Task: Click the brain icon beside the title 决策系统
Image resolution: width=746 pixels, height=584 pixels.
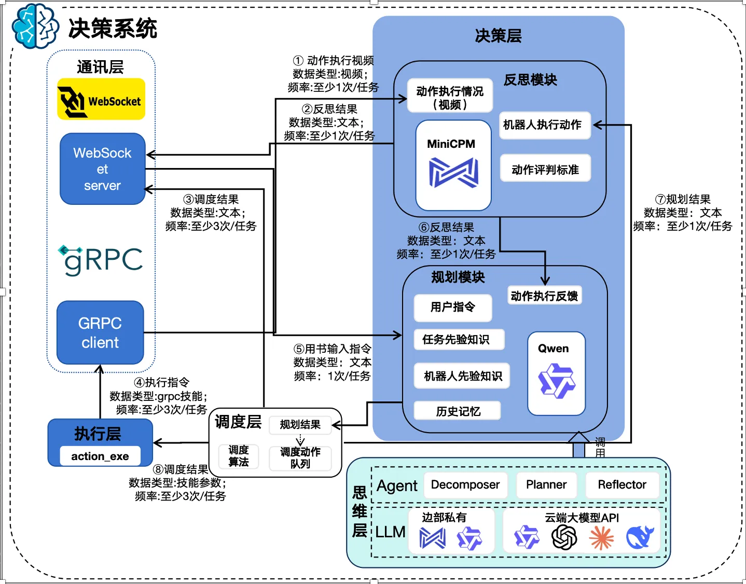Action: click(x=35, y=26)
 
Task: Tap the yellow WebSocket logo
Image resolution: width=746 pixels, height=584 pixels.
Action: click(x=101, y=99)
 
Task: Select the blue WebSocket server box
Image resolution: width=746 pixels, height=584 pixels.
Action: click(x=103, y=169)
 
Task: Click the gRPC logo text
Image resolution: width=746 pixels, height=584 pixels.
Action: click(x=101, y=260)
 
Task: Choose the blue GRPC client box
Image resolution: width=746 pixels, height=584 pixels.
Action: click(x=100, y=332)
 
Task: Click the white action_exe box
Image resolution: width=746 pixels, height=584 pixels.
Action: click(x=100, y=456)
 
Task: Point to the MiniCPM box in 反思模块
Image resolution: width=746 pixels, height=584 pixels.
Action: click(x=453, y=165)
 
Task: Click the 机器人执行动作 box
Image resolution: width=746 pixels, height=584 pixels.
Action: click(x=544, y=125)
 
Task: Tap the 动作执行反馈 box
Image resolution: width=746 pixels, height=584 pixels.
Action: click(x=544, y=296)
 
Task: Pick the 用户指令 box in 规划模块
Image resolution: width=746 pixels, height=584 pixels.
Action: click(x=452, y=307)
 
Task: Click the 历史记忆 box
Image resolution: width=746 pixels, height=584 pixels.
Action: click(x=458, y=411)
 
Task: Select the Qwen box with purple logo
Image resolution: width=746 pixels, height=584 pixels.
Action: click(x=556, y=373)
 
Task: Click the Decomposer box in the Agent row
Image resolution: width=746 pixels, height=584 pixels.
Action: click(x=465, y=485)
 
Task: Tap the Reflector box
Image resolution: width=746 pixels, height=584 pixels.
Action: click(x=621, y=485)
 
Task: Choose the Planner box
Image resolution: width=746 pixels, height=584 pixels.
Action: click(x=546, y=485)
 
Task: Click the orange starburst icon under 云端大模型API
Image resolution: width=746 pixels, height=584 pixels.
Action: click(x=601, y=538)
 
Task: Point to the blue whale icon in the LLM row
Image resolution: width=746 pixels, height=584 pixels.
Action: click(x=640, y=537)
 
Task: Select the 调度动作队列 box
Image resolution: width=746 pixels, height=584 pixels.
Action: click(x=300, y=457)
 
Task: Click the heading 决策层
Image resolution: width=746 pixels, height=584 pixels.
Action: click(x=498, y=36)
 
